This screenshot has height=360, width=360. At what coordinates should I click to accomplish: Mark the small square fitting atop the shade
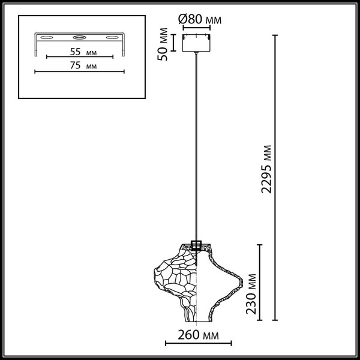point(197,245)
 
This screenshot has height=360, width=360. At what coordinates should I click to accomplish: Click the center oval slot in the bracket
point(76,37)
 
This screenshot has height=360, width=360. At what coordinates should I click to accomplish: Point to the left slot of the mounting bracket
point(44,37)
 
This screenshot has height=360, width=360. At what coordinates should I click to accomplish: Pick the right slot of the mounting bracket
point(110,37)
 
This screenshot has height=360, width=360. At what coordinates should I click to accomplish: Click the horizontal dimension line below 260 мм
point(198,344)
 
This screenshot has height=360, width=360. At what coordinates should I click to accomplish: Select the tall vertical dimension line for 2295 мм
point(276,180)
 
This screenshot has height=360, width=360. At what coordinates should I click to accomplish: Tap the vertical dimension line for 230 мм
point(260,282)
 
